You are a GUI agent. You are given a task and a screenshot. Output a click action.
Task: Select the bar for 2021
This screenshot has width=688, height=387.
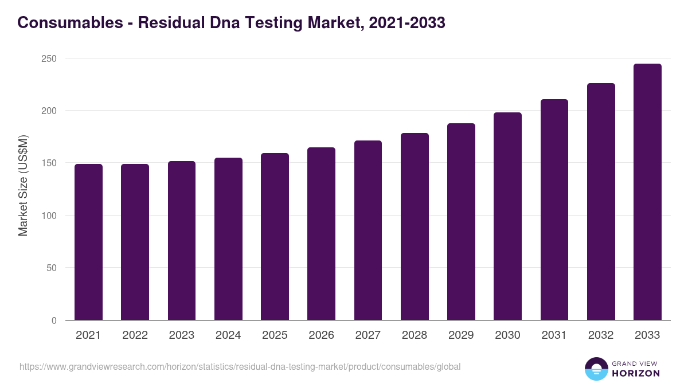click(x=88, y=242)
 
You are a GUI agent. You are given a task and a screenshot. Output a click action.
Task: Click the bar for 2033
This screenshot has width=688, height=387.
click(x=647, y=192)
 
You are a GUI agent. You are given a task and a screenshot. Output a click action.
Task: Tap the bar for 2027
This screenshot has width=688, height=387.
click(x=368, y=230)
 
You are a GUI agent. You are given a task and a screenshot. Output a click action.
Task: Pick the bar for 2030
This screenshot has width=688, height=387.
click(x=507, y=216)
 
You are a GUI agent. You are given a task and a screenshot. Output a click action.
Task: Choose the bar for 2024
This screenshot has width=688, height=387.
click(x=228, y=239)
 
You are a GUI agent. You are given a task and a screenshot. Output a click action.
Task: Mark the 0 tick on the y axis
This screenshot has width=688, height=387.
click(x=54, y=320)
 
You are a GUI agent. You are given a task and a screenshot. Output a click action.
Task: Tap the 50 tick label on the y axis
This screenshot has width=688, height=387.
click(x=51, y=268)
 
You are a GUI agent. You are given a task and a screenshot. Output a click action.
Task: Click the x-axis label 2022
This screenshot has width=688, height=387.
click(x=135, y=335)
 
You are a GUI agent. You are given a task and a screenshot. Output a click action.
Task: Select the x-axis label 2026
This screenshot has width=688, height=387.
click(x=321, y=335)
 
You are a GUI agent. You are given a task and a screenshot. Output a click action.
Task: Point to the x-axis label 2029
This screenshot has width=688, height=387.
click(x=461, y=335)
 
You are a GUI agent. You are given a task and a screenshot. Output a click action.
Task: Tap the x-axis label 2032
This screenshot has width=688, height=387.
click(x=601, y=335)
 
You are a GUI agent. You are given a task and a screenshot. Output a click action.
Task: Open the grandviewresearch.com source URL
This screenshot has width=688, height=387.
click(x=240, y=366)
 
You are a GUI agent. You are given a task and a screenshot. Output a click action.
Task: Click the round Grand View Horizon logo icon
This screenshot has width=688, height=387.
click(x=596, y=369)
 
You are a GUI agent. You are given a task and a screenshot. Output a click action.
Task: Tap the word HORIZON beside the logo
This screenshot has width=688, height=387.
click(x=636, y=373)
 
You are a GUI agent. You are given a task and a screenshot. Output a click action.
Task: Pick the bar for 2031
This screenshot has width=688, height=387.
click(x=554, y=210)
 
